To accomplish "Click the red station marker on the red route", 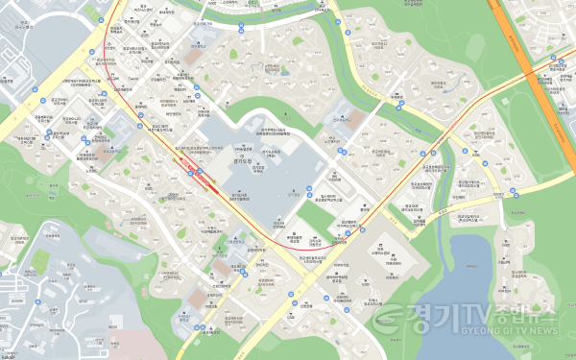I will [x=196, y=173].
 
